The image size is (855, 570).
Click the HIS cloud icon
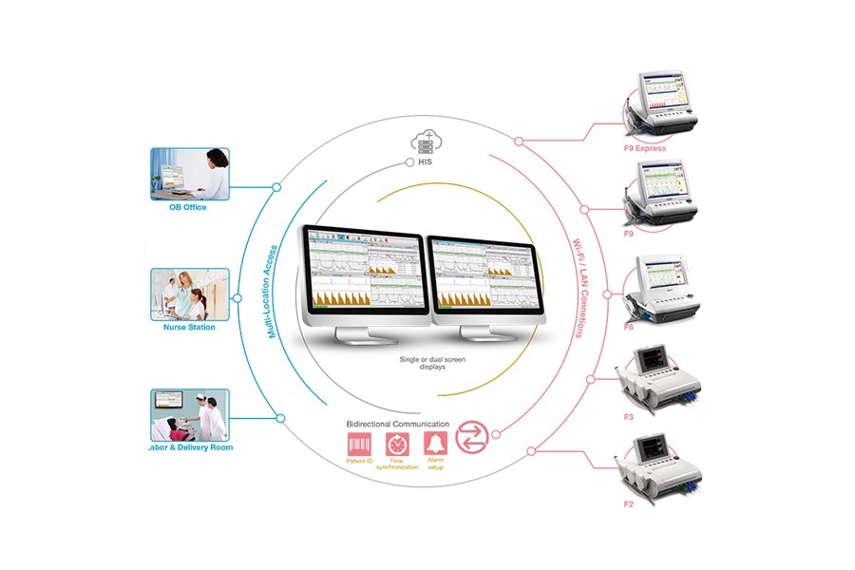[x=424, y=142]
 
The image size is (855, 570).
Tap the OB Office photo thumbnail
[x=189, y=174]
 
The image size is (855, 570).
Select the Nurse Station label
[x=189, y=327]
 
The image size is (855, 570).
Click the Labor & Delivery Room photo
[x=189, y=414]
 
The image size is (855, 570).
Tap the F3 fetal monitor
[x=660, y=379]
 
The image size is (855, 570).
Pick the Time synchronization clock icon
[x=396, y=443]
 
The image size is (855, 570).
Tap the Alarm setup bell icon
[x=435, y=443]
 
